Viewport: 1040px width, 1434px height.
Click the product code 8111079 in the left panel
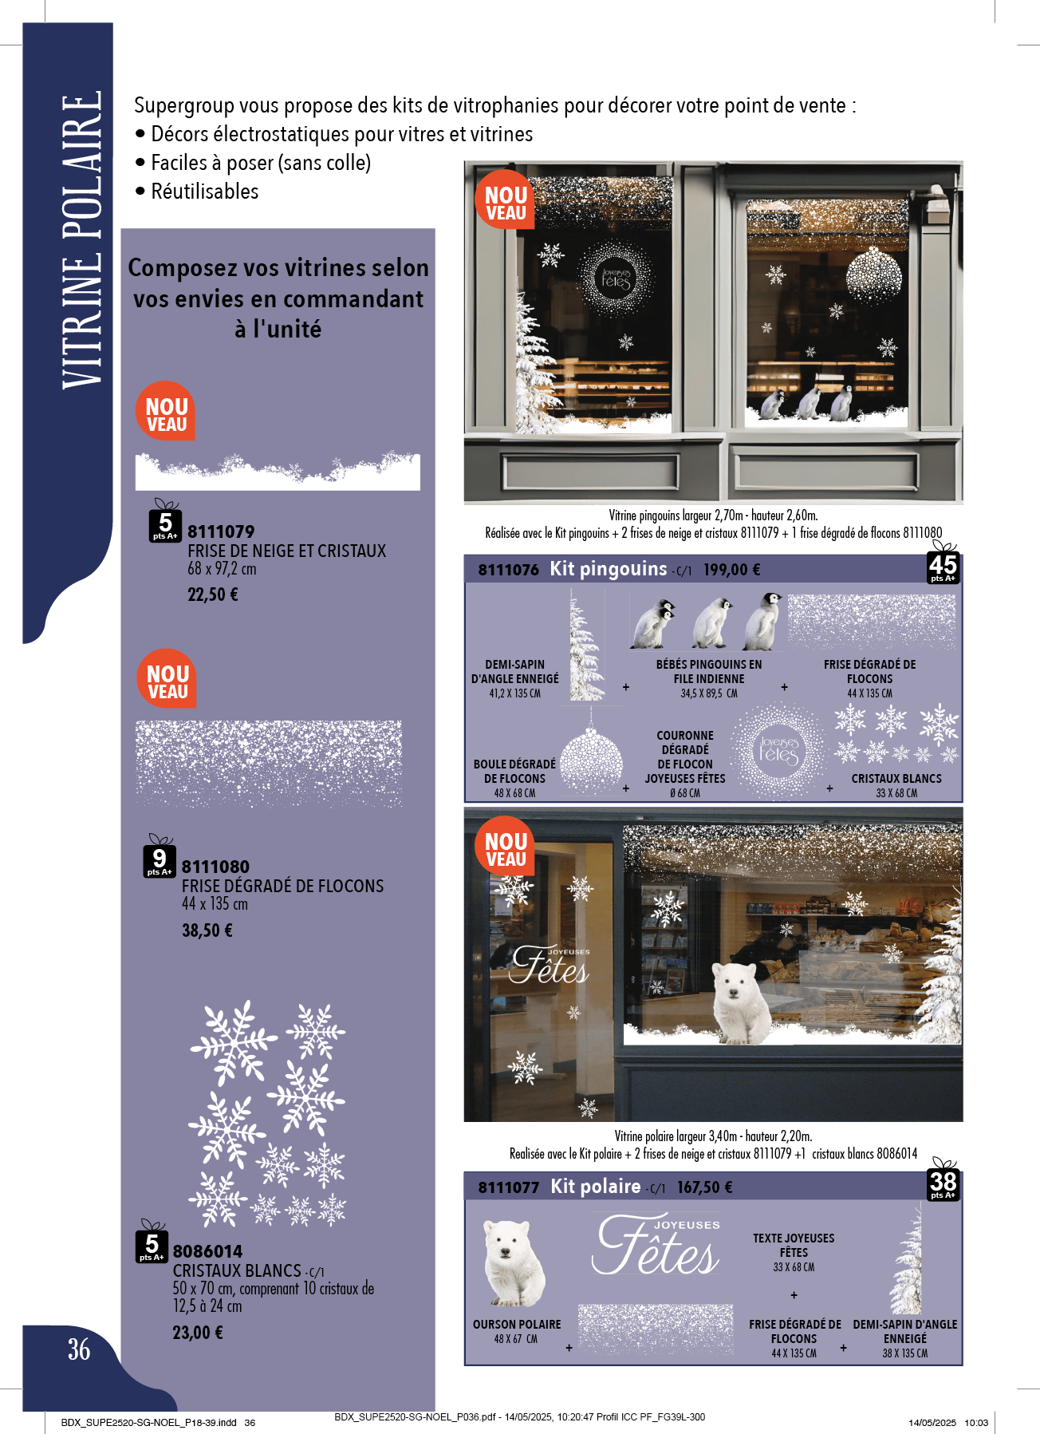click(221, 531)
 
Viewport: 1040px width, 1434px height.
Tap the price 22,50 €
click(213, 595)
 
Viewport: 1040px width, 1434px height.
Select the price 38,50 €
click(207, 930)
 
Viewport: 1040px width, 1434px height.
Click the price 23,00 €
click(198, 1333)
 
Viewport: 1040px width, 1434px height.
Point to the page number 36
click(79, 1349)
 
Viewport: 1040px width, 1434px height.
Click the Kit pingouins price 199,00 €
click(731, 570)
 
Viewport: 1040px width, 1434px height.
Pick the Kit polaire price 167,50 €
click(705, 1187)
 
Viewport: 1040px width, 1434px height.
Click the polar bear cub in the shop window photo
click(743, 1001)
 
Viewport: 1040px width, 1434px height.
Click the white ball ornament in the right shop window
click(873, 275)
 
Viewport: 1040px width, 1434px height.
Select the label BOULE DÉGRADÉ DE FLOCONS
click(514, 771)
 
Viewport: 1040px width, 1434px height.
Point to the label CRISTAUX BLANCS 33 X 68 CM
click(896, 785)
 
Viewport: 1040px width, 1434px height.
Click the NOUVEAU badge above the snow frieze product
click(166, 411)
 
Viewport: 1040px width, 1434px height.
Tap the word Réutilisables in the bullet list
click(205, 192)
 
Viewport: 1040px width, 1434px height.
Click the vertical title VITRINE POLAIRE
click(81, 240)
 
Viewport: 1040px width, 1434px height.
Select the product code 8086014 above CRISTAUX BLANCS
click(207, 1251)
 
